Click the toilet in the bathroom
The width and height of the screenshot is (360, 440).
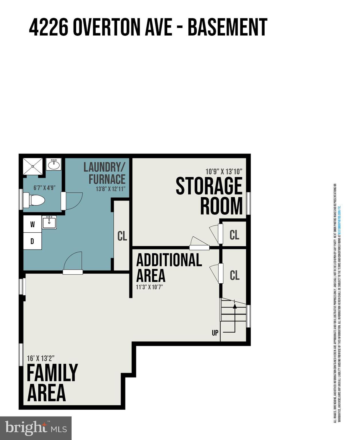point(34,200)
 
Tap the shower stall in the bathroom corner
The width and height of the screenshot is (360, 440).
point(33,166)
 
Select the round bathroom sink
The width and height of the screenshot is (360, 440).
point(54,165)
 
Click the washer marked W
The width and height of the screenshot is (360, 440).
point(32,224)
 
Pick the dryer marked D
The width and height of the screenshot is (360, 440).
point(32,241)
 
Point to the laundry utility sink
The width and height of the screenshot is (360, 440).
point(49,222)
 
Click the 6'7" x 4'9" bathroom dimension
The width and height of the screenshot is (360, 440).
point(44,188)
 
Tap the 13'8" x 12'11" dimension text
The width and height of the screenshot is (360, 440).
point(111,189)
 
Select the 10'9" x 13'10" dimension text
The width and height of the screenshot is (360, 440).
point(224,172)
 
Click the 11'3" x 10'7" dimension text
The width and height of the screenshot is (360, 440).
point(149,287)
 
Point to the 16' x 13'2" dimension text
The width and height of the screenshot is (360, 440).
point(41,358)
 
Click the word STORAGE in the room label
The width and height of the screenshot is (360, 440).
point(209,186)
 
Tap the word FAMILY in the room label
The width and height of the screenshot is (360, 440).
point(52,373)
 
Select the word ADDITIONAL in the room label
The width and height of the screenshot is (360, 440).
point(169,260)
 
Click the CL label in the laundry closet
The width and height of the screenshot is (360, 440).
point(122,236)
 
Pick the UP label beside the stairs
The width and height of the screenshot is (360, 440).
point(215,333)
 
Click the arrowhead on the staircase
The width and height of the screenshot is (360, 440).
point(235,306)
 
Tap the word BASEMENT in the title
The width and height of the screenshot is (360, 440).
point(227,27)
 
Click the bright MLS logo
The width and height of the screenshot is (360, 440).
point(36,428)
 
